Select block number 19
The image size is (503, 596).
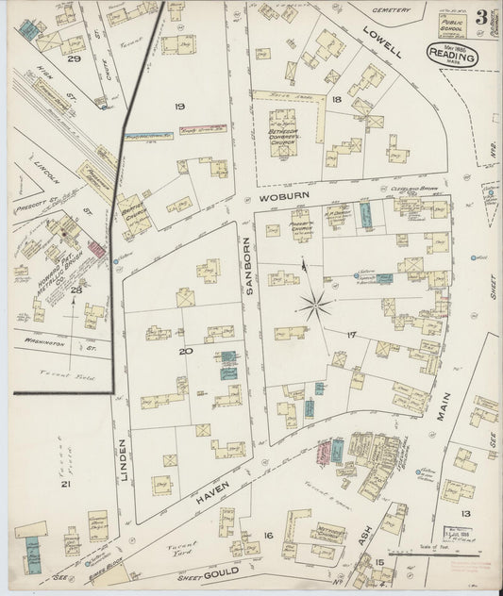coord(179,107)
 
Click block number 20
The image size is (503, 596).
coord(186,352)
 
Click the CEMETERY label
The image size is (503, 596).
coord(393,10)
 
